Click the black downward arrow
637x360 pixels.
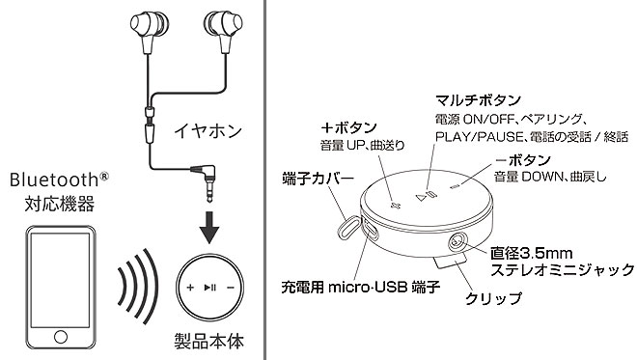coord(209,227)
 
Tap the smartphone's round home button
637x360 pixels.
coord(61,337)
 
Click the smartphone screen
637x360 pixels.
coord(61,280)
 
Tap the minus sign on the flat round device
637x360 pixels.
coord(231,288)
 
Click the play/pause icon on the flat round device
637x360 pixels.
coord(209,288)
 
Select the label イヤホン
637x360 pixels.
coord(208,131)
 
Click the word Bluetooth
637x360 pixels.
coord(54,180)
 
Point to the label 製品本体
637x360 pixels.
coord(209,342)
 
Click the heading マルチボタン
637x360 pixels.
coord(478,99)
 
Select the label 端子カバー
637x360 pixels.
coord(318,179)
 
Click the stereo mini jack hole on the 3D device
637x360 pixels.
coord(457,241)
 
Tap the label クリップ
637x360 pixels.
coord(493,298)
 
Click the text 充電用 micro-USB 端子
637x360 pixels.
coord(361,288)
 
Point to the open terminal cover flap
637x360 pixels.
coord(348,228)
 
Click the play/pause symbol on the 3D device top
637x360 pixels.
coord(426,197)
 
